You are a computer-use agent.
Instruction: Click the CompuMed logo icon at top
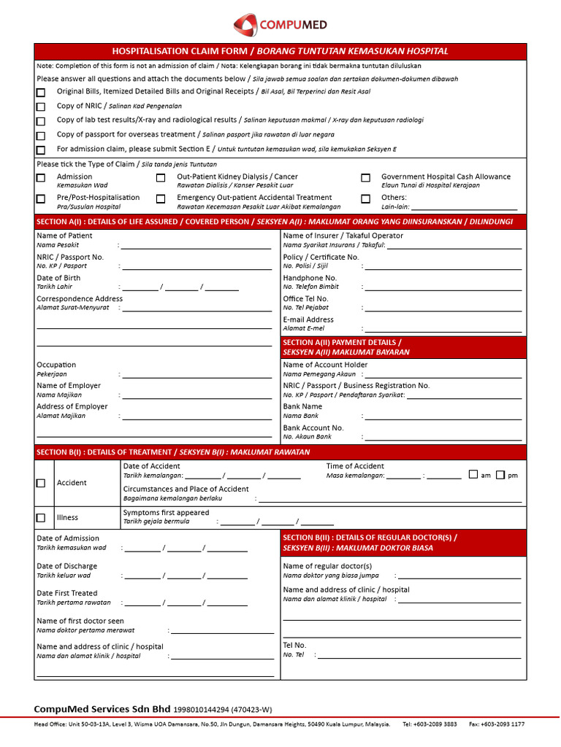(x=245, y=26)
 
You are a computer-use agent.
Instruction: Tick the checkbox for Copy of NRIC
(x=41, y=107)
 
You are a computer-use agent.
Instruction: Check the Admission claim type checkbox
(x=41, y=177)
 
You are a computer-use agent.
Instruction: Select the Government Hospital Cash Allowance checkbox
(x=365, y=177)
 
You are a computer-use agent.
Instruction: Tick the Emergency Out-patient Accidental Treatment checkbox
(x=161, y=198)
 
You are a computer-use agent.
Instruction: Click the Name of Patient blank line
(x=196, y=247)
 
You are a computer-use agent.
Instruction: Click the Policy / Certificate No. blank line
(x=443, y=268)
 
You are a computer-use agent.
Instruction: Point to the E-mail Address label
(x=308, y=320)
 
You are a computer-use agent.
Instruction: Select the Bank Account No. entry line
(x=443, y=438)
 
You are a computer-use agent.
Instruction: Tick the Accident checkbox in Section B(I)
(x=41, y=483)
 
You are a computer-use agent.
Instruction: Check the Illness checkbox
(x=41, y=518)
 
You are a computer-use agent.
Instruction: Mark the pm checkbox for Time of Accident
(x=500, y=475)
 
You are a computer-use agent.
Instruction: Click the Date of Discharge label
(x=66, y=566)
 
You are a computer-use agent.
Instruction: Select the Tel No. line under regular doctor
(x=420, y=657)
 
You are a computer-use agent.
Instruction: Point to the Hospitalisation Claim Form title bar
(x=280, y=51)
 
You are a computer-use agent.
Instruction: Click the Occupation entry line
(x=196, y=376)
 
